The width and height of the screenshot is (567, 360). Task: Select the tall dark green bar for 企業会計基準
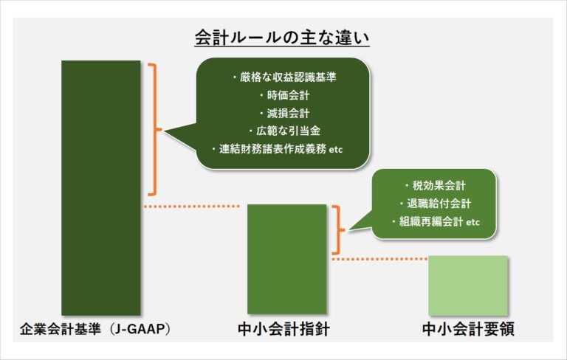pos(100,187)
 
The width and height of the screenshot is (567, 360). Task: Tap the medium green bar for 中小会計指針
pos(286,258)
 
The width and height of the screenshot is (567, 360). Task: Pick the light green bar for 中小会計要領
pos(468,285)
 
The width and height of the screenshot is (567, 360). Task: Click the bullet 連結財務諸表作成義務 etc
pos(282,150)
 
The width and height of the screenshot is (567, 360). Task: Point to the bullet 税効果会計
pos(435,185)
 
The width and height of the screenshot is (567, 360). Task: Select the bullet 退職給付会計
pos(435,203)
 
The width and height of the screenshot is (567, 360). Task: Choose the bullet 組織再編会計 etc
pos(435,221)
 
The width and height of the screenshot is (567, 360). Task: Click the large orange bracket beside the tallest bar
pos(154,130)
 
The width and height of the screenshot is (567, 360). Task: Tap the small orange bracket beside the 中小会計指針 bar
pos(340,229)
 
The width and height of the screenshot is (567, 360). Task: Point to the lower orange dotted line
pos(379,259)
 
